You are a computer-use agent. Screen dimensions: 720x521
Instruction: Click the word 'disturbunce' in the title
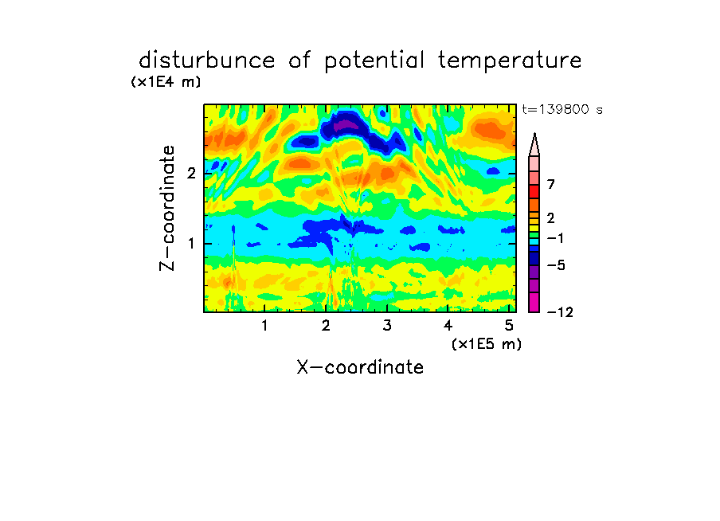206,60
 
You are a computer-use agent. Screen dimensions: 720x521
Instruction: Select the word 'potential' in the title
374,61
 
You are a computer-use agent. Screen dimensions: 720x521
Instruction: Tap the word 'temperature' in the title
510,61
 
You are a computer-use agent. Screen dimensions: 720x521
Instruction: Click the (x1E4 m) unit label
166,82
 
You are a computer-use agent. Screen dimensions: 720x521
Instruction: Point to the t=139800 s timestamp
562,109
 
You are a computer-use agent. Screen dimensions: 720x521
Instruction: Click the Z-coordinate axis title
167,208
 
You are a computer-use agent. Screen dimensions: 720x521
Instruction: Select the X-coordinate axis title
360,367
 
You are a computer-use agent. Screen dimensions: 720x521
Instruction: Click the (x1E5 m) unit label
487,344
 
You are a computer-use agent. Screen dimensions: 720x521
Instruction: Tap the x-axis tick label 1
265,326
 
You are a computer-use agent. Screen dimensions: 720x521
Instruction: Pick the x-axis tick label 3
387,326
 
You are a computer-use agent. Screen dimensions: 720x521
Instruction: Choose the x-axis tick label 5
509,326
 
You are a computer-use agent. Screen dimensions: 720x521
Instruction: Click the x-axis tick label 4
448,326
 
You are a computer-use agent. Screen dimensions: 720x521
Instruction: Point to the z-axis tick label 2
191,173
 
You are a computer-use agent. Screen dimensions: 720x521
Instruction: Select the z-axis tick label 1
191,244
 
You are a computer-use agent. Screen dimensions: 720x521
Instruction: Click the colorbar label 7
551,185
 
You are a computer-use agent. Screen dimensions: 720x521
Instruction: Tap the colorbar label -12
560,313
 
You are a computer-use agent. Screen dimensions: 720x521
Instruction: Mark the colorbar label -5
556,265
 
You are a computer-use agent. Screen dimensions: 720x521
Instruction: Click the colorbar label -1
555,238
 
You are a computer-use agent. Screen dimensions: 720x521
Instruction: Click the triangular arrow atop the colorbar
534,144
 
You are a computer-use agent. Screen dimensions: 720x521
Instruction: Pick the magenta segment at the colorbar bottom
534,302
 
